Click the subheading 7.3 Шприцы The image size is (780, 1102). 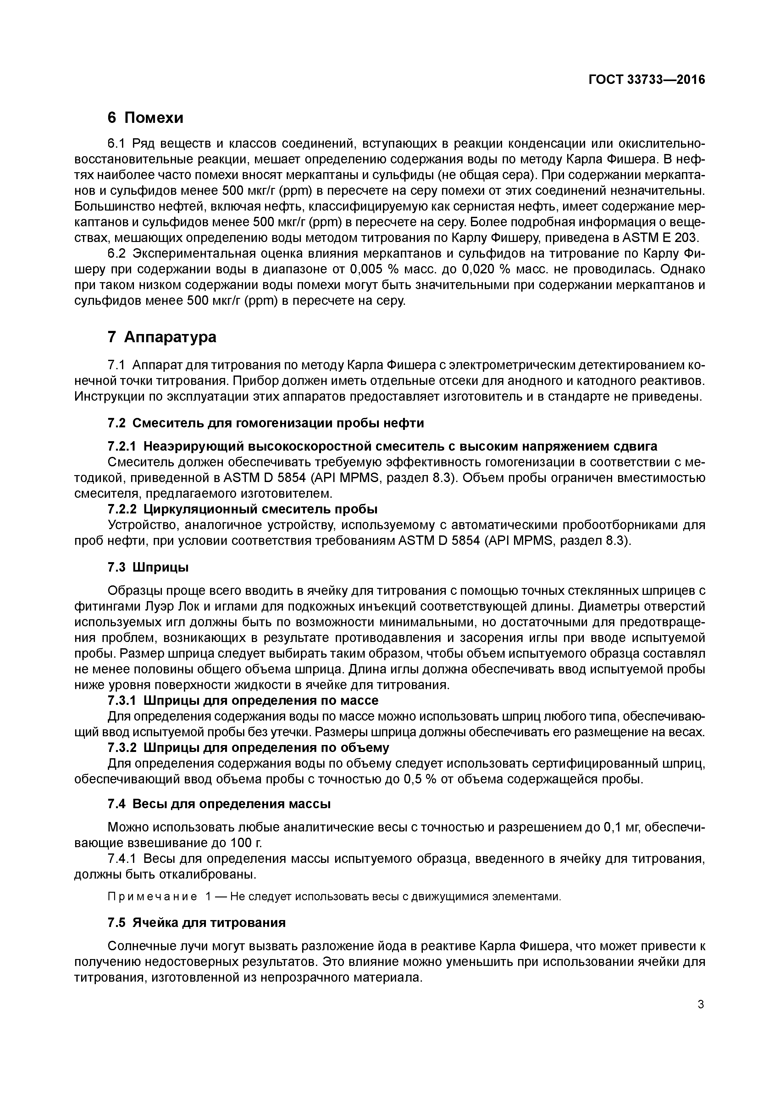click(x=148, y=567)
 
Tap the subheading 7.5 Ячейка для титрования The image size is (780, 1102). click(x=196, y=923)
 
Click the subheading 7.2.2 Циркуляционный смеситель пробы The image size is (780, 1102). click(x=242, y=509)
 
